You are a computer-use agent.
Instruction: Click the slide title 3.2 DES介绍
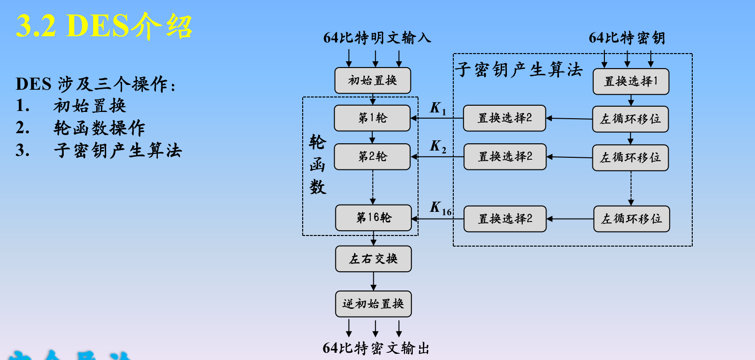[x=104, y=25]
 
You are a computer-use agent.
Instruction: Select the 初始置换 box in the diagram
[x=373, y=81]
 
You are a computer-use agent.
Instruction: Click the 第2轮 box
[x=372, y=157]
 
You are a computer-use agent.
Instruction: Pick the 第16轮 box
[x=374, y=218]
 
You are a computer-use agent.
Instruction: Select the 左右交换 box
[x=373, y=259]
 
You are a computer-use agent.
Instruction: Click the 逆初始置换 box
[x=373, y=304]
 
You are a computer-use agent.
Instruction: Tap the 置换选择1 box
[x=631, y=82]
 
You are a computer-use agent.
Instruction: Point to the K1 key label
[x=438, y=109]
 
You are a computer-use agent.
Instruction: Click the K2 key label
[x=438, y=147]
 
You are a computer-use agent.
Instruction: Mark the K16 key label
[x=440, y=208]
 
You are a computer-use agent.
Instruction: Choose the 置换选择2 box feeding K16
[x=505, y=219]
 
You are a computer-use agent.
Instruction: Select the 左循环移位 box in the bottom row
[x=631, y=219]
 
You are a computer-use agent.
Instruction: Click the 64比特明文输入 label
[x=377, y=38]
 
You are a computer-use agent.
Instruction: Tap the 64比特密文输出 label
[x=376, y=348]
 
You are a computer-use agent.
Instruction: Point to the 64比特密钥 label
[x=627, y=38]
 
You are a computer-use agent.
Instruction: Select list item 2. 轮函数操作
[x=80, y=128]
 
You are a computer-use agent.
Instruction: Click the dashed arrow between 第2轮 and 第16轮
[x=373, y=187]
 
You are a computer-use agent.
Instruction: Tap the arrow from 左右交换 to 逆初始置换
[x=373, y=281]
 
